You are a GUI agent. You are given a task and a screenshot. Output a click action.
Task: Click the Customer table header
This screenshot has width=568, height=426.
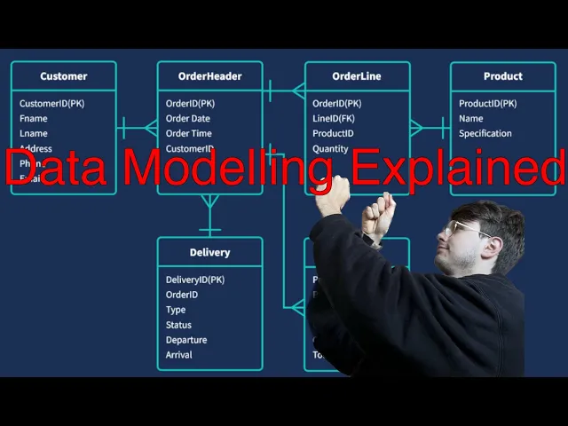pos(63,76)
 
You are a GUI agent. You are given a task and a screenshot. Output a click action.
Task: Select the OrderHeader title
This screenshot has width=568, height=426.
pos(209,76)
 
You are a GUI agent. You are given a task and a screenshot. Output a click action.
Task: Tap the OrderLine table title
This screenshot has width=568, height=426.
pos(357,76)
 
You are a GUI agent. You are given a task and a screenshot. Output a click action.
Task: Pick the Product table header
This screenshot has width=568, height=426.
pos(502,76)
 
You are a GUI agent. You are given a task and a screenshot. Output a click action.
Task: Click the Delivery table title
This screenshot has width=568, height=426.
pos(209,252)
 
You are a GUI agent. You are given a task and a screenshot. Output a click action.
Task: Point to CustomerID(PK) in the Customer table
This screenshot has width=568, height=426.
pos(51,104)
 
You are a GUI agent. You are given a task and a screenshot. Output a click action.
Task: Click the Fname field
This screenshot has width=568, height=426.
pos(34,119)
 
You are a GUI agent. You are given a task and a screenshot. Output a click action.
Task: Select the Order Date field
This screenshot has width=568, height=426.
pos(188,119)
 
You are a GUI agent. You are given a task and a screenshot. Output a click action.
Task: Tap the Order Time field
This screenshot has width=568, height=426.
pos(189,134)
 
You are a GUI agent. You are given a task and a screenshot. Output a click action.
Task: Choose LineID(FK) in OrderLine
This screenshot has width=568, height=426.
pos(334,119)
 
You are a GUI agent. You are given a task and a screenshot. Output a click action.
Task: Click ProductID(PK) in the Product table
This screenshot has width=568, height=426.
pos(487,104)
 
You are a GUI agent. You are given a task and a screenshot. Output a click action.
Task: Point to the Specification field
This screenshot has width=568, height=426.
pos(485,134)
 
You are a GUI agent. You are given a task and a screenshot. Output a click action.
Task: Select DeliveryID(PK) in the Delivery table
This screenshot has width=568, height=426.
pos(195,280)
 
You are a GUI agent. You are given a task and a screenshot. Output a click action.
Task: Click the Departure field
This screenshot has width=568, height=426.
pos(186,340)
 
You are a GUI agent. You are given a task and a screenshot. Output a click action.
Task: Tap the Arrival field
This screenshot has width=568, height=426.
pos(179,355)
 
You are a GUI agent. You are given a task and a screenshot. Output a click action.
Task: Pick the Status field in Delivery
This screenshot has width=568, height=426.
pos(178,325)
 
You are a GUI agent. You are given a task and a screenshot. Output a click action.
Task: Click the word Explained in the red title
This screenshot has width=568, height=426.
pos(456,169)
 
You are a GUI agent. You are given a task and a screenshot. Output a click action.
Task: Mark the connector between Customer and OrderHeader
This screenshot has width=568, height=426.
pos(137,128)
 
